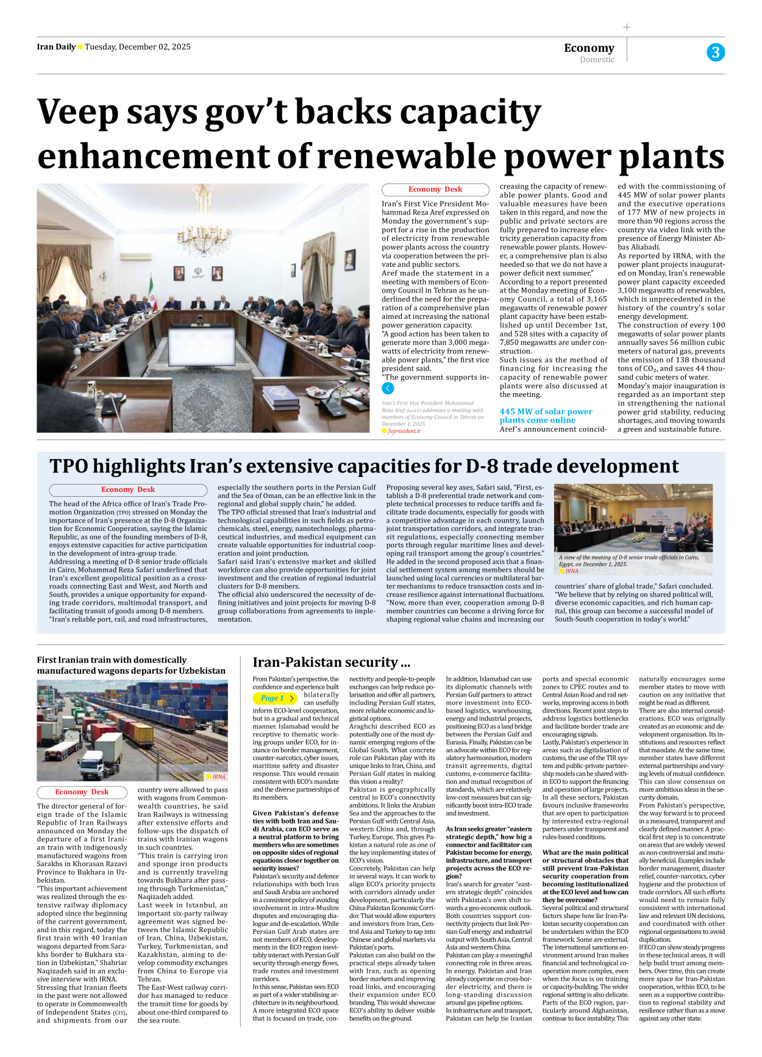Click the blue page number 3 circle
click(716, 52)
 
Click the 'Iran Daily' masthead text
click(55, 47)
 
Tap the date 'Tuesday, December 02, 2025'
click(138, 47)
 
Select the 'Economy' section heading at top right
click(589, 48)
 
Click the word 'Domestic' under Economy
click(597, 60)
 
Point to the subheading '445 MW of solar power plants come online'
click(546, 416)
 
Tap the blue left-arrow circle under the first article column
click(388, 388)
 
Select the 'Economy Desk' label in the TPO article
click(128, 489)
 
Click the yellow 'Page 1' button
click(275, 698)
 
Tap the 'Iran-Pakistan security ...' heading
click(331, 662)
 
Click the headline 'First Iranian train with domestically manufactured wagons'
click(131, 665)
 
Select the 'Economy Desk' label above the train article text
click(82, 792)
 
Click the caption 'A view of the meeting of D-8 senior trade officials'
click(628, 560)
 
